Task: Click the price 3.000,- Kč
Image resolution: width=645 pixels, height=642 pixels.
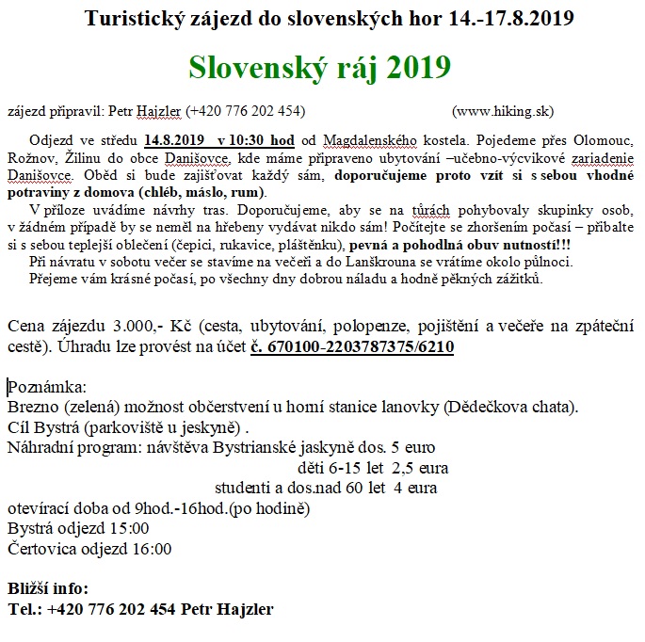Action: pos(121,327)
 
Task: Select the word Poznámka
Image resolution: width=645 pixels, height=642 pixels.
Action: pos(46,388)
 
